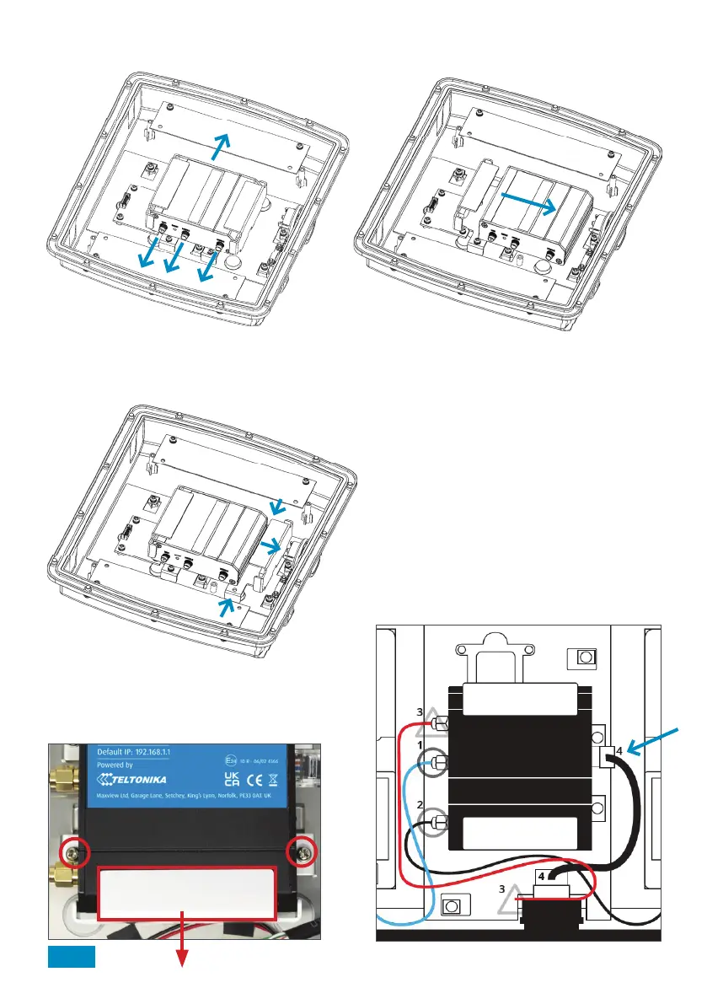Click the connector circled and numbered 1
pyautogui.click(x=437, y=764)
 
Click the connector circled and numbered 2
pyautogui.click(x=437, y=821)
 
